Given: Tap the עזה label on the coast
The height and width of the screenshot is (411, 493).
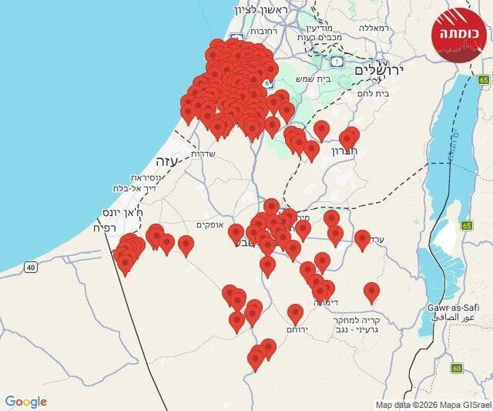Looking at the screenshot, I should pos(166,162).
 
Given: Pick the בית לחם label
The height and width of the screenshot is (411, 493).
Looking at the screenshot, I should pos(374,93).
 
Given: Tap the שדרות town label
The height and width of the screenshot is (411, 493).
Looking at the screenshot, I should pos(202,153).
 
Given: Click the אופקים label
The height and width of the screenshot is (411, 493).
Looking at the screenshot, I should pos(210,224).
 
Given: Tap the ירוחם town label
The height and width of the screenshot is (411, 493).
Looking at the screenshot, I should pos(297,328).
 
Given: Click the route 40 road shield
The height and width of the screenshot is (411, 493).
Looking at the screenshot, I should pos(30,267).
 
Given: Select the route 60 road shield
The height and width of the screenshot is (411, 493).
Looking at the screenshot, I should pos(457,368).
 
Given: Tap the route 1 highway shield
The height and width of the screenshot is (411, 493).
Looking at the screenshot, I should pos(337,61).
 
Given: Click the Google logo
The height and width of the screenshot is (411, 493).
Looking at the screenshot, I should pos(26,402).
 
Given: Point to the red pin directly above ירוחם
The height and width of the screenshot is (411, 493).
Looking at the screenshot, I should pos(295,313).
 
